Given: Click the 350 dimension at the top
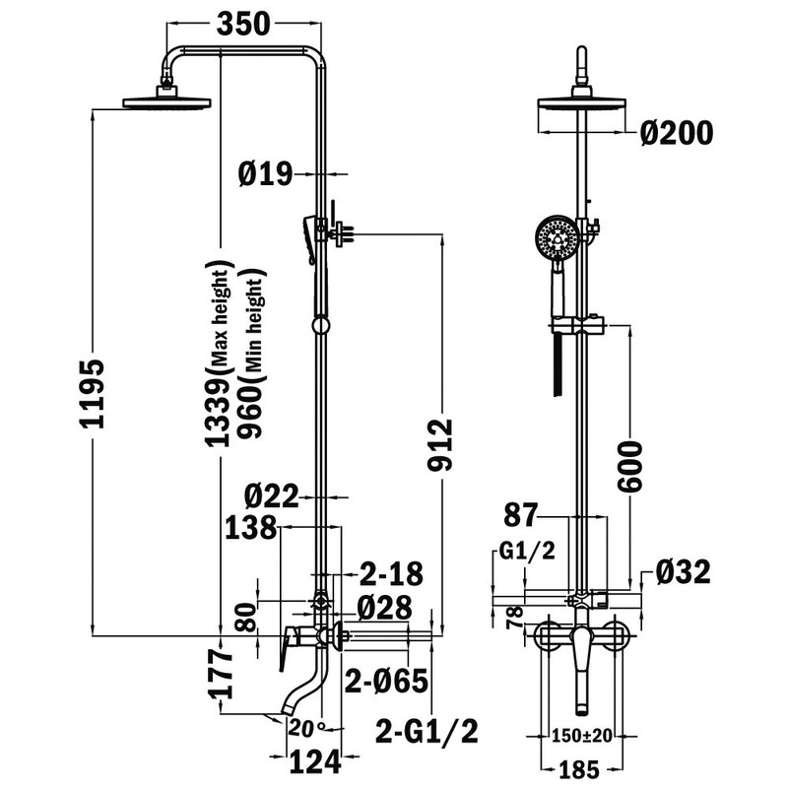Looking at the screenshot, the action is pos(243,24).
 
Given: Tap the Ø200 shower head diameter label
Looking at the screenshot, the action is pos(677,133).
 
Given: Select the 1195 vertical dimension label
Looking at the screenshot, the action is pos(93,393).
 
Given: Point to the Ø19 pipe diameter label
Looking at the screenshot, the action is pos(265,174).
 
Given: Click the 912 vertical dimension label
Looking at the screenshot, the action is pos(440,445).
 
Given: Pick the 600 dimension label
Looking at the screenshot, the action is pos(630,466).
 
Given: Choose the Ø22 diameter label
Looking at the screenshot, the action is pos(272,496).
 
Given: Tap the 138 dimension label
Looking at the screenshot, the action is pos(250,528).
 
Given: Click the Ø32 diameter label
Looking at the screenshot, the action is pos(683,572).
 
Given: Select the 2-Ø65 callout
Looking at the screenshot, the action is pos(386,681).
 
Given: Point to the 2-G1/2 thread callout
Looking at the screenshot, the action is pos(427,731).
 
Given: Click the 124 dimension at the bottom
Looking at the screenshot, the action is pos(315,761).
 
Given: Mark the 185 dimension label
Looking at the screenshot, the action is pos(579,769).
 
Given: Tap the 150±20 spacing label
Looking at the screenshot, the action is pos(582,736).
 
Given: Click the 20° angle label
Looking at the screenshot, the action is pos(306,728).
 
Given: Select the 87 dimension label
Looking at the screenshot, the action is pos(521,515).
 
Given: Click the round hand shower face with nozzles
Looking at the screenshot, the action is pos(557,237).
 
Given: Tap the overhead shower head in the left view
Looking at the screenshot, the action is pos(166,102).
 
